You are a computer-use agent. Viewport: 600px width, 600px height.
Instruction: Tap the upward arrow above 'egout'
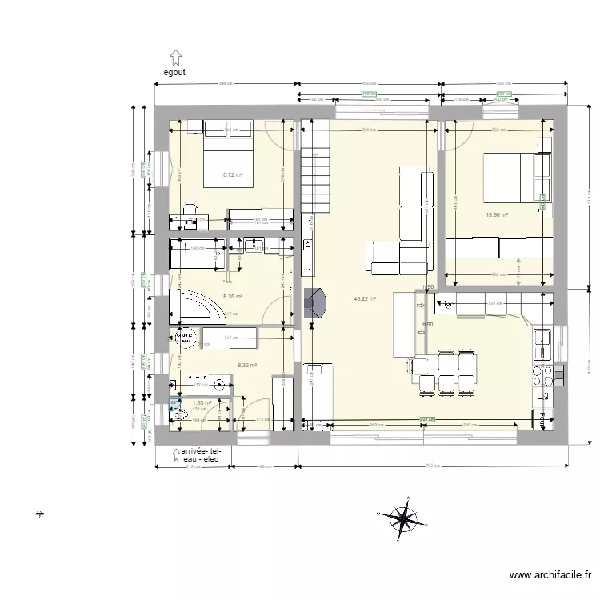click(x=176, y=57)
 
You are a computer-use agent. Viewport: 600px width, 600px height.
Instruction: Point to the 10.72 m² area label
click(x=232, y=174)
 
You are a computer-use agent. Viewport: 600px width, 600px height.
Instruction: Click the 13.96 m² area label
click(x=498, y=214)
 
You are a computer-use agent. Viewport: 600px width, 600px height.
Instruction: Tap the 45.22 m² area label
click(x=365, y=299)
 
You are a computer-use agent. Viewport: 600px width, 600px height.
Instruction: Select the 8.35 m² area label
click(x=233, y=295)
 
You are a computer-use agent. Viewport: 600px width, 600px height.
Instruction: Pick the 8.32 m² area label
click(x=246, y=365)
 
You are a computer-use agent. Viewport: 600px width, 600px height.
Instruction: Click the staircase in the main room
click(x=314, y=180)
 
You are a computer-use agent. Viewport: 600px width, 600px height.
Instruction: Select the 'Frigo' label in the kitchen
click(x=446, y=305)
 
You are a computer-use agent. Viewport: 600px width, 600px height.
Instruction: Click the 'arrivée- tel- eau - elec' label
click(x=205, y=456)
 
